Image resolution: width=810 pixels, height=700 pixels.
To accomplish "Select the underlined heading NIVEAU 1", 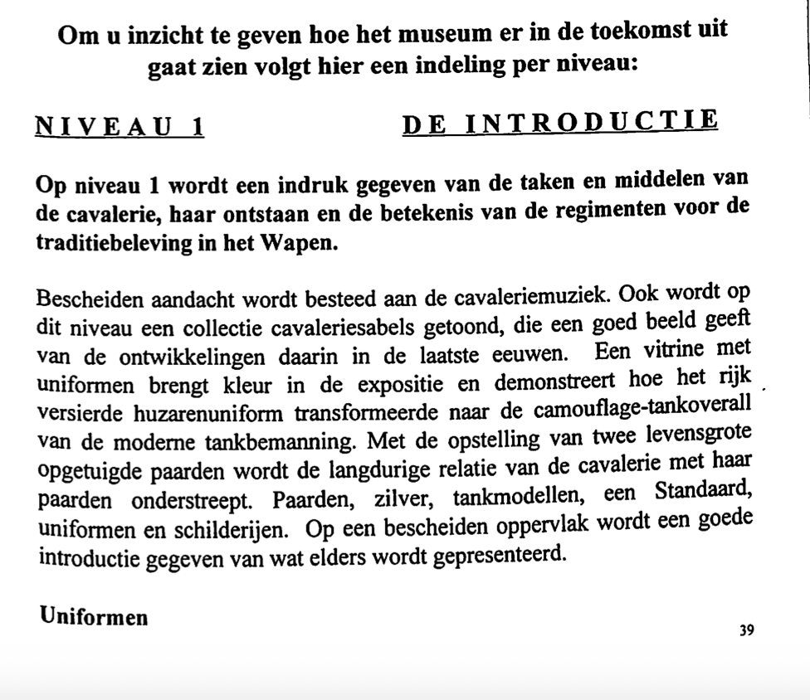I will click(120, 126).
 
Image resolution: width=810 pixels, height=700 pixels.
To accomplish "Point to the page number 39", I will click(746, 630).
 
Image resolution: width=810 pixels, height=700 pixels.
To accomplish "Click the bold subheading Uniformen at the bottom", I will click(93, 616).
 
